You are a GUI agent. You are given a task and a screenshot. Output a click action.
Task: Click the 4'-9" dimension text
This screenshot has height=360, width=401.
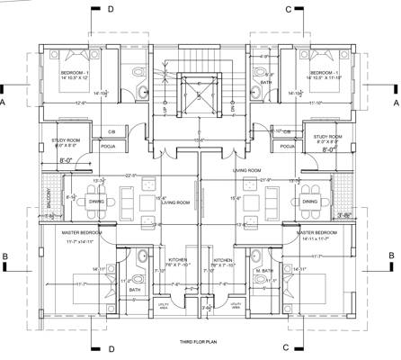click(264, 57)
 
